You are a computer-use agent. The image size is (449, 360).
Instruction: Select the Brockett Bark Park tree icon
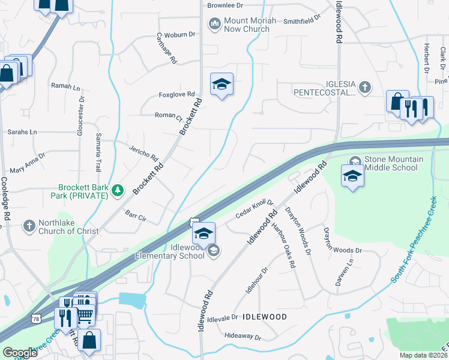[x=118, y=191]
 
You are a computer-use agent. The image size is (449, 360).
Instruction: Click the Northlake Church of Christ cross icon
[x=28, y=226]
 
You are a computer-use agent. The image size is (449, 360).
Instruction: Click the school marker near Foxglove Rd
[x=221, y=85]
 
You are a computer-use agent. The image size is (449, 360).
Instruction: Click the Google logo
[x=20, y=353]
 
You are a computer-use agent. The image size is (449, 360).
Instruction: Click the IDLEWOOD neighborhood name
[x=265, y=316]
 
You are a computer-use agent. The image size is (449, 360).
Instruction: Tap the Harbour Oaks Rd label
[x=284, y=246]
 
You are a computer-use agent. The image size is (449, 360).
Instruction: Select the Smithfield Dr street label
[x=302, y=21]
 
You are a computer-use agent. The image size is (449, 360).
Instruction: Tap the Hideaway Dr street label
[x=242, y=337]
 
